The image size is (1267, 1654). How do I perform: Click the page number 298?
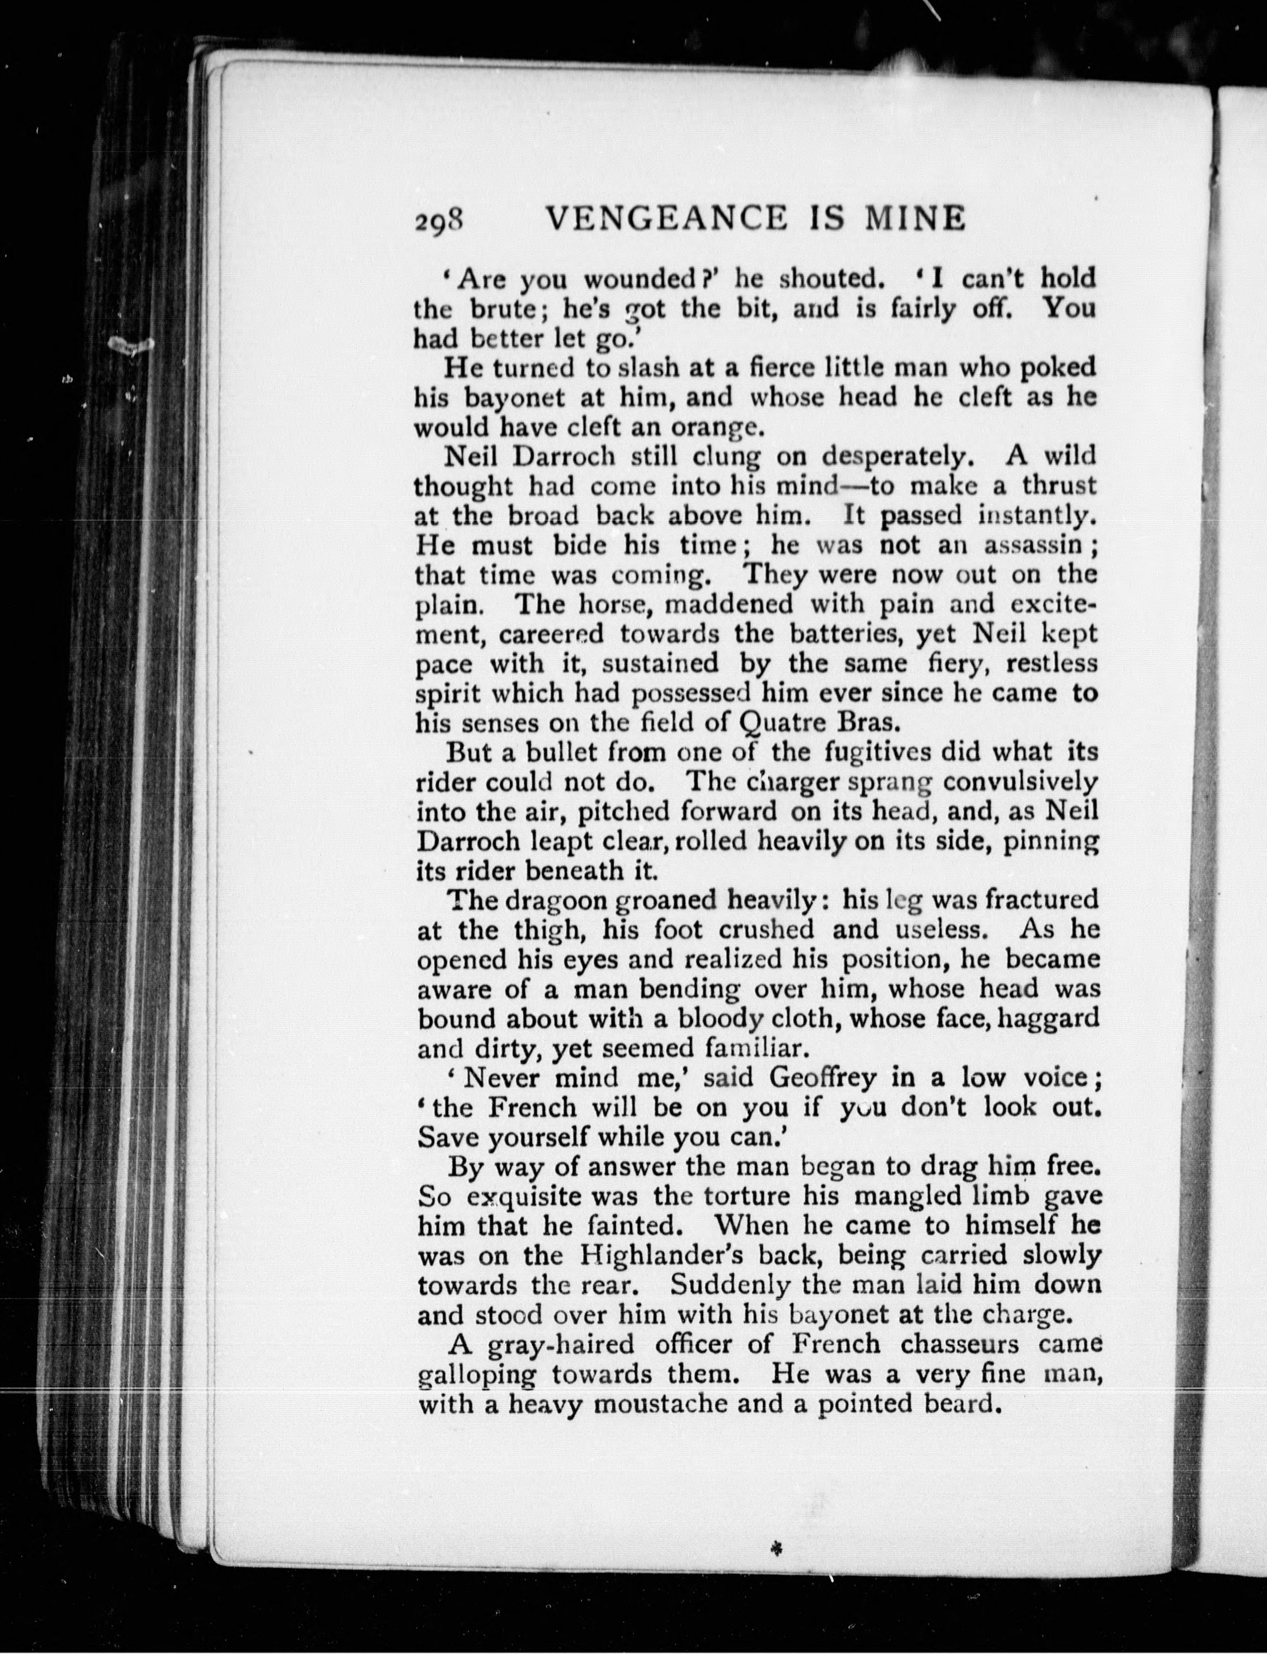[441, 222]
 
